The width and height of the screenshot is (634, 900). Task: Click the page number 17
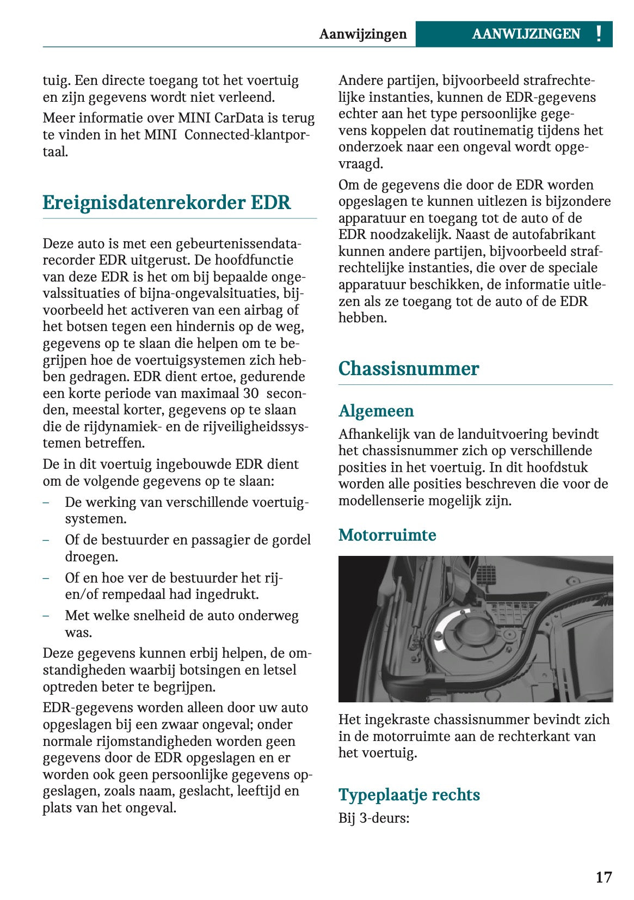pyautogui.click(x=603, y=877)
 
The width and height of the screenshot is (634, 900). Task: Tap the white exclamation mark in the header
pyautogui.click(x=599, y=34)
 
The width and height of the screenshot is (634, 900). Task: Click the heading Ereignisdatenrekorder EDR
pyautogui.click(x=167, y=203)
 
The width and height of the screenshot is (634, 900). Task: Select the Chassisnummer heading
pyautogui.click(x=408, y=369)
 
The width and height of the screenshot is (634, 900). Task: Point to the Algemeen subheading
pyautogui.click(x=376, y=411)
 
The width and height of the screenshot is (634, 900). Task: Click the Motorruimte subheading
pyautogui.click(x=387, y=535)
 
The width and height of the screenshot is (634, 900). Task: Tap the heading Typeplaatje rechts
pyautogui.click(x=409, y=794)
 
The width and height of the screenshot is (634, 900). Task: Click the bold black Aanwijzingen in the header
pyautogui.click(x=362, y=34)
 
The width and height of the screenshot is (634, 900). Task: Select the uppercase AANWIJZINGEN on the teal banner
pyautogui.click(x=526, y=34)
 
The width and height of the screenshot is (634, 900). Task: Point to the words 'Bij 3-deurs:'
pyautogui.click(x=373, y=818)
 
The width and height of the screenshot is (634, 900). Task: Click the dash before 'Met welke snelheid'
pyautogui.click(x=46, y=616)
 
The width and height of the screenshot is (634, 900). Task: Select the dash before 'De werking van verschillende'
pyautogui.click(x=46, y=502)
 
